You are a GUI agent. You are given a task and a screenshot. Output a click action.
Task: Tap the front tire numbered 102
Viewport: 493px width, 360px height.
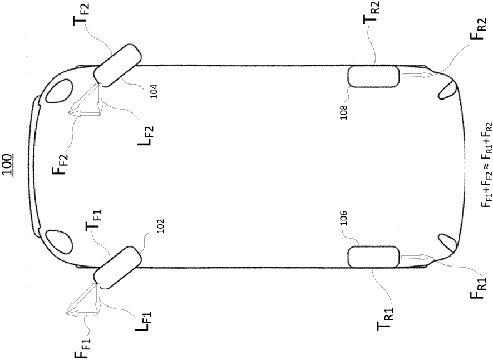pyautogui.click(x=117, y=268)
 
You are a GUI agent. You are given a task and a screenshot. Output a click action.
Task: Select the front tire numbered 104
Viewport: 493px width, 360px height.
pyautogui.click(x=117, y=68)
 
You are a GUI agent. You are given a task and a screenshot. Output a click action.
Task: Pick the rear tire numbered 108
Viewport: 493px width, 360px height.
pyautogui.click(x=373, y=76)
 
